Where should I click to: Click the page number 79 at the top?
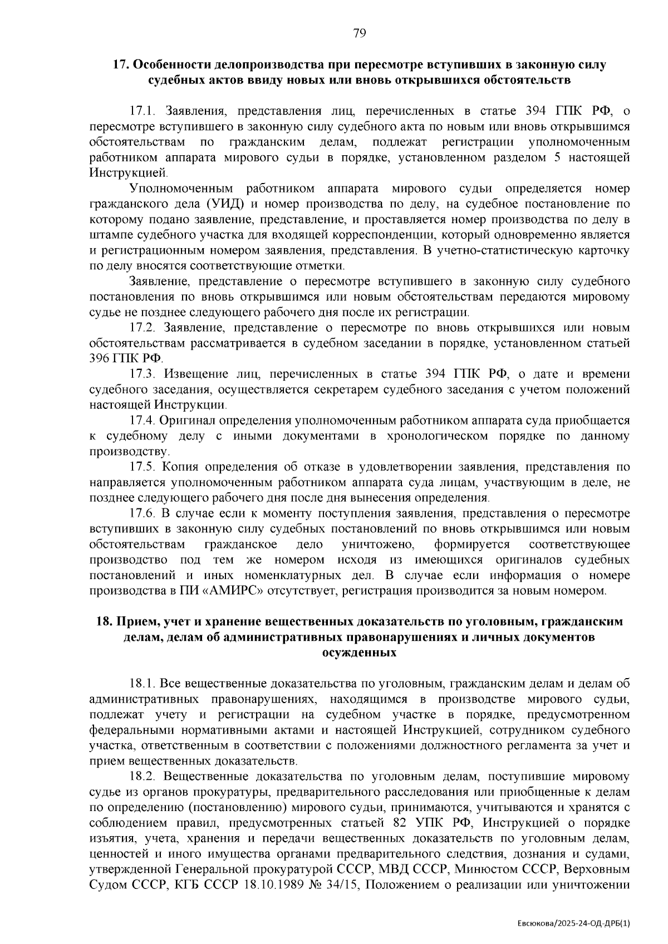pyautogui.click(x=359, y=34)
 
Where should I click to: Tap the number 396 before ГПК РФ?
pyautogui.click(x=101, y=359)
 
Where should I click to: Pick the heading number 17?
pyautogui.click(x=121, y=65)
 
